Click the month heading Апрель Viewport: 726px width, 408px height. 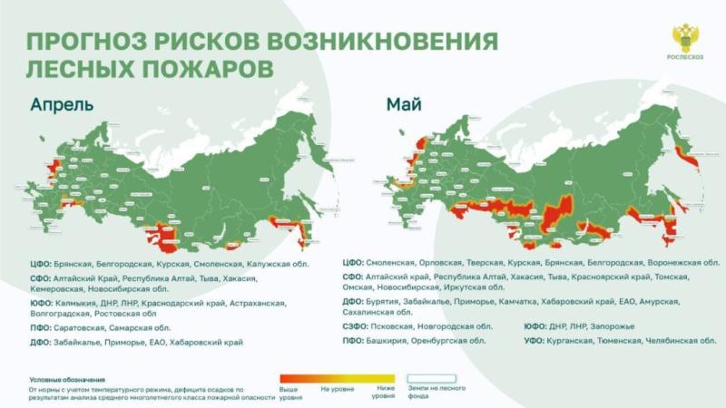(x=62, y=103)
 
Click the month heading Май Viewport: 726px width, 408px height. (x=404, y=103)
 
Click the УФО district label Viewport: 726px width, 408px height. (x=536, y=341)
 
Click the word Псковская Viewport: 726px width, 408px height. (x=395, y=325)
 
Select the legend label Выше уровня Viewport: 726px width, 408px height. (x=289, y=392)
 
